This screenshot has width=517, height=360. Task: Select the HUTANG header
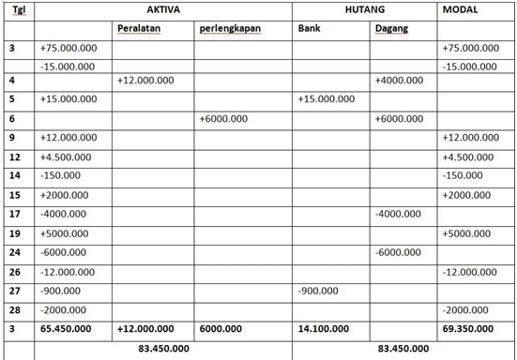pyautogui.click(x=365, y=9)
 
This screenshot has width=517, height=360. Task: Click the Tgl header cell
pyautogui.click(x=18, y=10)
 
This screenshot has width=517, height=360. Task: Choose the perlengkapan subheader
pyautogui.click(x=230, y=29)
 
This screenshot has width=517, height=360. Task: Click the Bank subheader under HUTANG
pyautogui.click(x=309, y=28)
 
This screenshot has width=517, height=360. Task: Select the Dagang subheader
pyautogui.click(x=391, y=29)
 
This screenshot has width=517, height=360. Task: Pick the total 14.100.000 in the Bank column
pyautogui.click(x=324, y=330)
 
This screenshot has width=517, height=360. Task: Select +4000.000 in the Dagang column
pyautogui.click(x=399, y=81)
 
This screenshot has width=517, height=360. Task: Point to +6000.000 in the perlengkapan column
pyautogui.click(x=224, y=118)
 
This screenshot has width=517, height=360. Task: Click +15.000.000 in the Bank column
pyautogui.click(x=326, y=98)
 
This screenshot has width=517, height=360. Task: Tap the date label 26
pyautogui.click(x=14, y=272)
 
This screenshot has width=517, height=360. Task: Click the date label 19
pyautogui.click(x=14, y=233)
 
